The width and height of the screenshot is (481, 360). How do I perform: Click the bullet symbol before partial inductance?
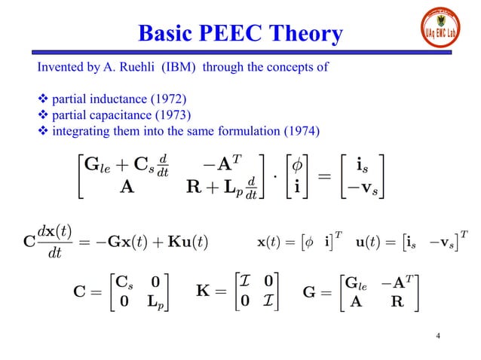point(42,99)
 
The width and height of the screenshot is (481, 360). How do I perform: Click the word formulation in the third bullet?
point(246,132)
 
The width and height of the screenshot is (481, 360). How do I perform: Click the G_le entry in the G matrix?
point(354,281)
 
